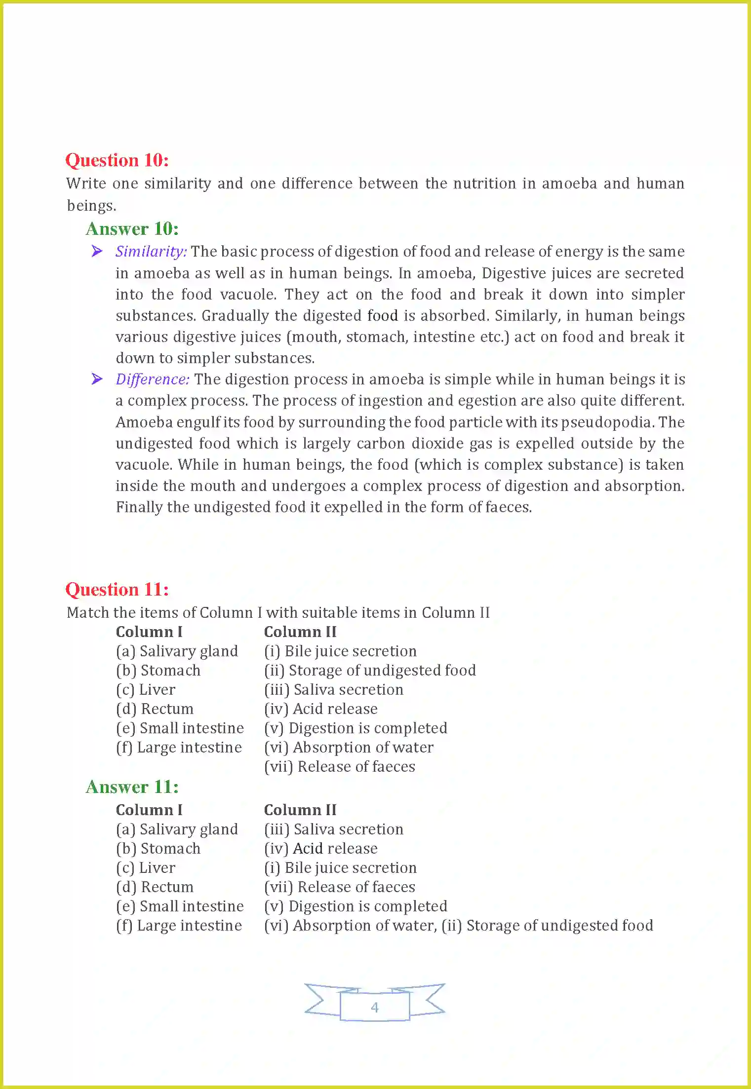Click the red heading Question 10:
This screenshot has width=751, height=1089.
[117, 160]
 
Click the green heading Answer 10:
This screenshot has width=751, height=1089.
[132, 229]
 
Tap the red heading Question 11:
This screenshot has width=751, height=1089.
[117, 590]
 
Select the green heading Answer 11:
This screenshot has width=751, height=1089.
[132, 787]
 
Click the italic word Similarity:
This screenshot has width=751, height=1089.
[151, 252]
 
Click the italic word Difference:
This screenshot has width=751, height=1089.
[153, 379]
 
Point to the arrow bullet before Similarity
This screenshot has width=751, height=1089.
[97, 251]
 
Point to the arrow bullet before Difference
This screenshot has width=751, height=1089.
[97, 379]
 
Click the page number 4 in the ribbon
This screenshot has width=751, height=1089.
[375, 1007]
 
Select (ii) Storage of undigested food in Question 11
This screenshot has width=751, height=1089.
[370, 671]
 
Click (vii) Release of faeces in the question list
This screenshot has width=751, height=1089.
[340, 767]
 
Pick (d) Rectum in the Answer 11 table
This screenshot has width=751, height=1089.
[155, 887]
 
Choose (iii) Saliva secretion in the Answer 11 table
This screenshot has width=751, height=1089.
[334, 829]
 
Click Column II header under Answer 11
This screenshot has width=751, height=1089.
[300, 810]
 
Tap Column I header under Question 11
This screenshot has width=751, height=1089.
[149, 632]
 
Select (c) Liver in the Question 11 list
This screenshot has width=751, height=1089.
[146, 690]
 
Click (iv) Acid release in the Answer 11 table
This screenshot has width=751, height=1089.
[321, 849]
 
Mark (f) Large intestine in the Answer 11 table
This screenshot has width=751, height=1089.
[179, 926]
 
